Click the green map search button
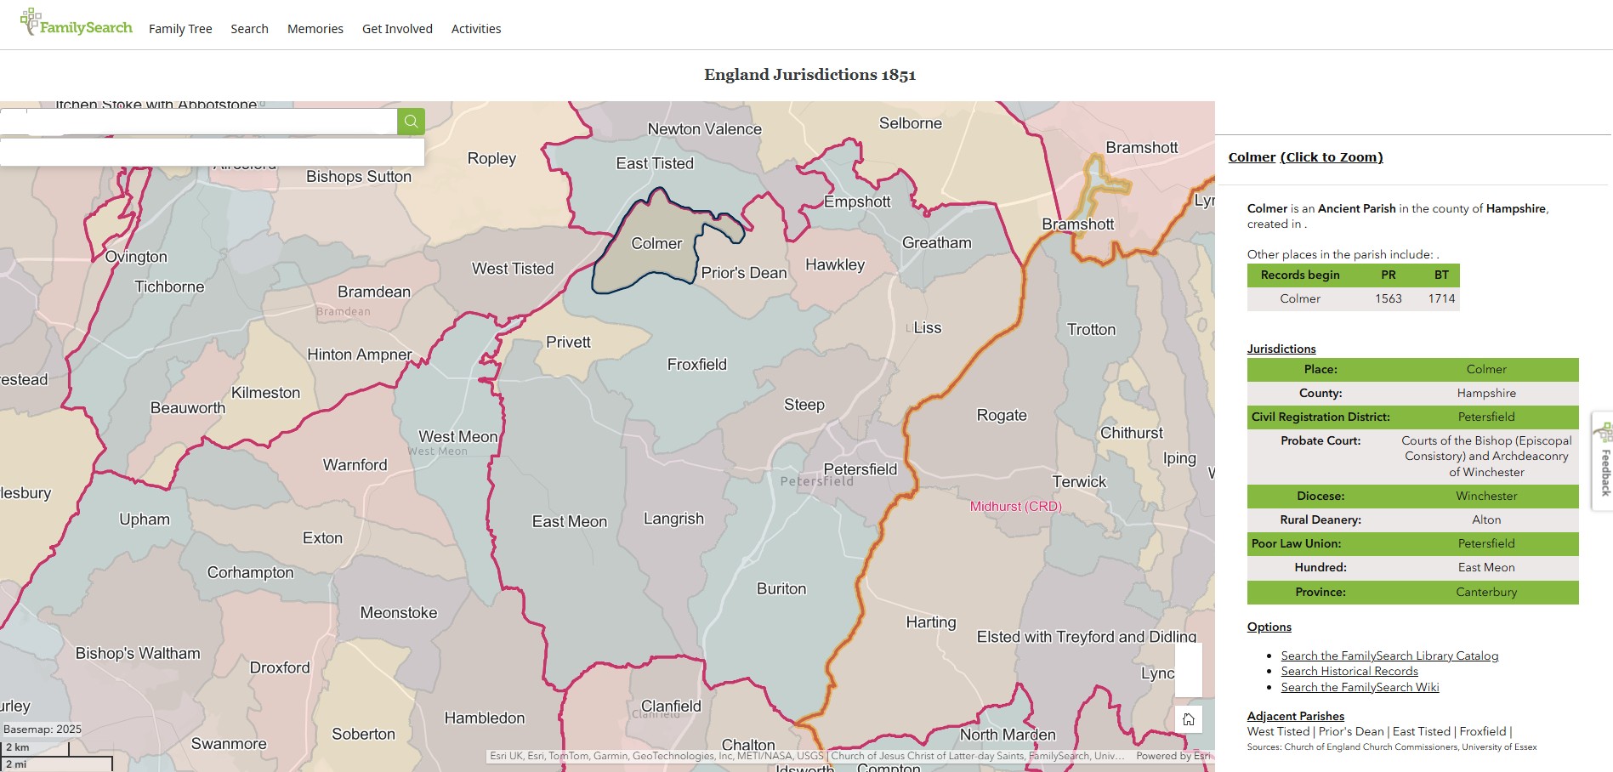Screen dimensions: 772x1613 [x=411, y=122]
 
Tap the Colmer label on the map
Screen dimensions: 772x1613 [x=656, y=244]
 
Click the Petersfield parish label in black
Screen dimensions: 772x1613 [x=860, y=469]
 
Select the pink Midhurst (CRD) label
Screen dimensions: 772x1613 [x=1015, y=507]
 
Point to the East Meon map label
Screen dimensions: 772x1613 [x=569, y=522]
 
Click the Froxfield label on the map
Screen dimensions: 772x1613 [x=696, y=365]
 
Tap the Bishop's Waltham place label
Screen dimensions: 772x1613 [x=138, y=654]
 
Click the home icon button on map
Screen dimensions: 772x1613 [x=1188, y=719]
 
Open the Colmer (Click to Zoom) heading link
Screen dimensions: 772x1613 [x=1305, y=157]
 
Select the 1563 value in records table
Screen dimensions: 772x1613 [x=1388, y=299]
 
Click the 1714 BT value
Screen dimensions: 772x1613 [x=1441, y=299]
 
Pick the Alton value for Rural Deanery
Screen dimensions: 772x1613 [x=1485, y=520]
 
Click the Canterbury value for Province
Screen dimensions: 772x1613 [x=1485, y=593]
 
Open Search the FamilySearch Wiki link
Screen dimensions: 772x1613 [x=1360, y=688]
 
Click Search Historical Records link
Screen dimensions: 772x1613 [x=1349, y=672]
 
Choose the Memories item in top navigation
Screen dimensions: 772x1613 [x=315, y=29]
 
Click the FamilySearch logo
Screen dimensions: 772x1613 [x=77, y=26]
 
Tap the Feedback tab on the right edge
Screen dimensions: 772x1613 [x=1604, y=463]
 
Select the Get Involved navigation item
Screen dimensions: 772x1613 [x=397, y=29]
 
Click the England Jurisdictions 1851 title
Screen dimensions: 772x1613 [x=809, y=75]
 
